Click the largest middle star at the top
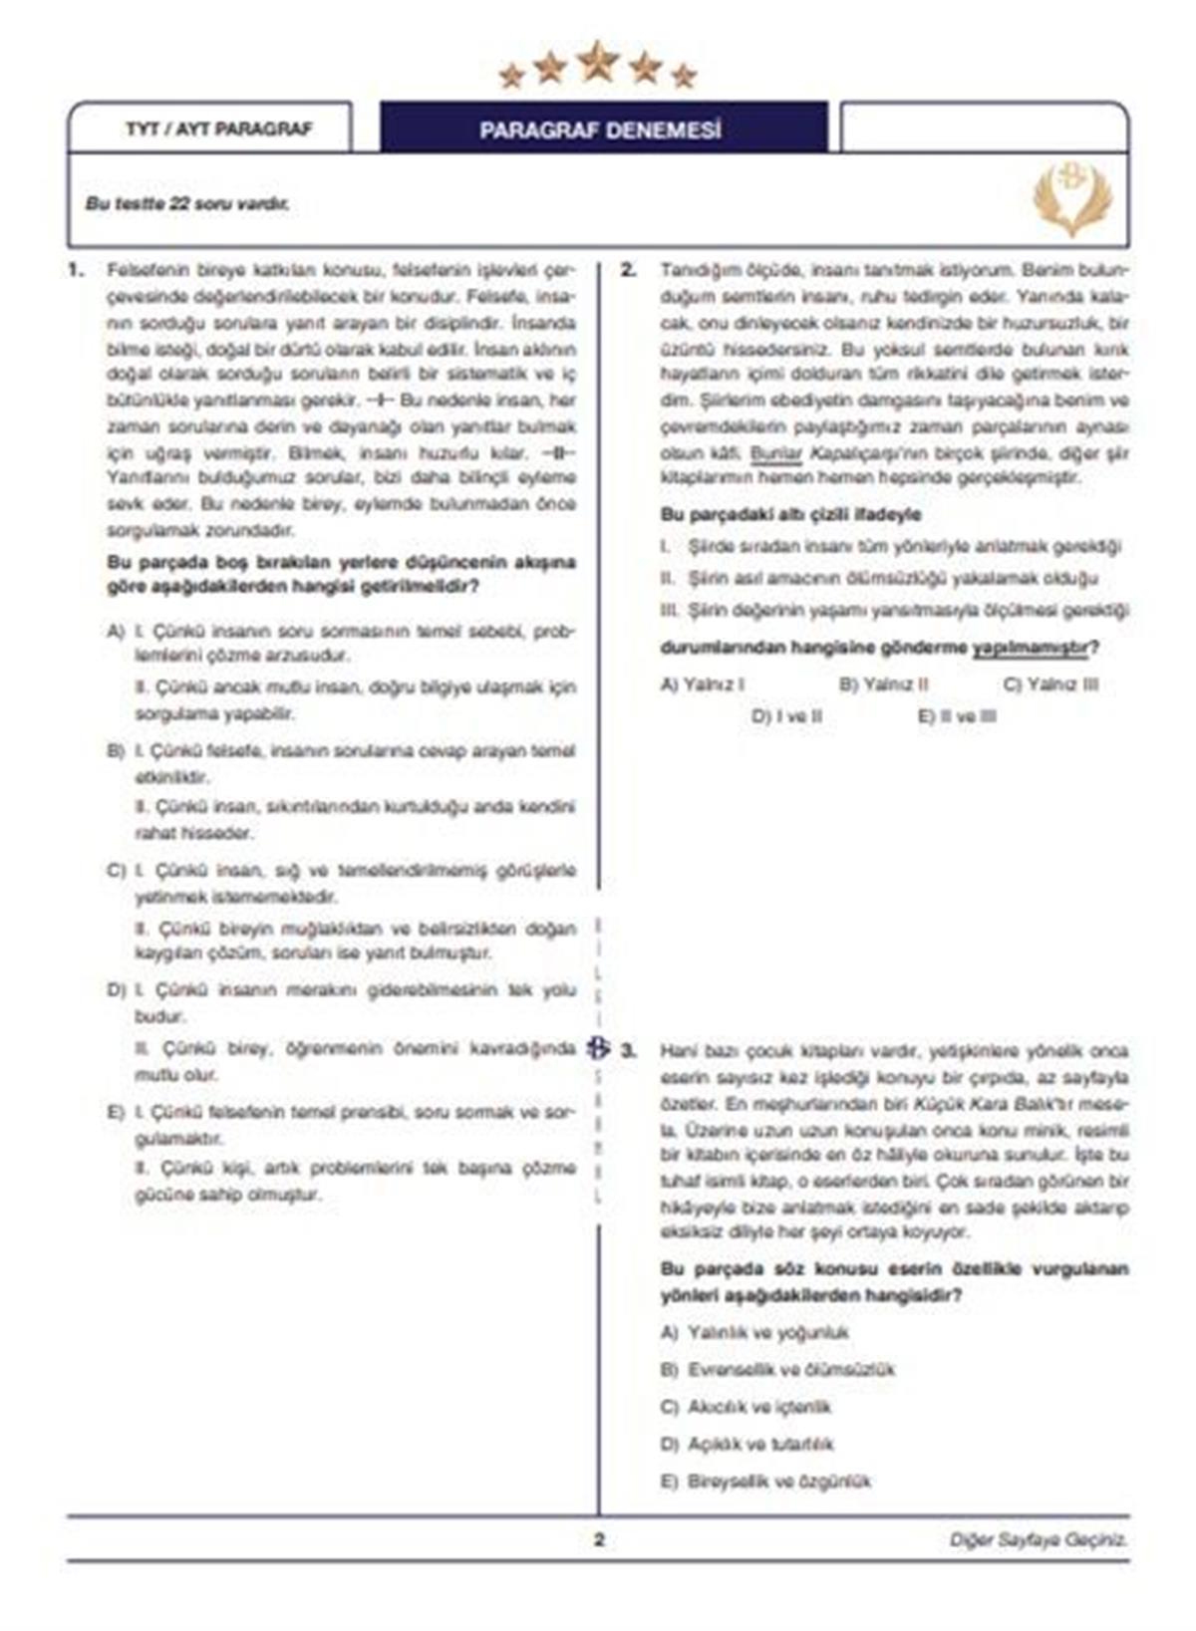[x=598, y=62]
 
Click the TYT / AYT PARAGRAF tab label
[x=219, y=130]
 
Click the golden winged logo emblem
[x=1072, y=196]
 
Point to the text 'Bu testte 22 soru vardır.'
[x=187, y=204]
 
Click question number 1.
[x=74, y=270]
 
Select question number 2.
[x=628, y=270]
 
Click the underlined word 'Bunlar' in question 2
[x=775, y=453]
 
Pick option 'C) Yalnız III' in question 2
[x=1050, y=684]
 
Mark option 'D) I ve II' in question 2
[x=786, y=716]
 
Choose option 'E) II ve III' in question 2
[x=956, y=716]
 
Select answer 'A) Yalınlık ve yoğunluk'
[x=754, y=1332]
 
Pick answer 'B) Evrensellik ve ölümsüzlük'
[x=777, y=1370]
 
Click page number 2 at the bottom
[x=599, y=1539]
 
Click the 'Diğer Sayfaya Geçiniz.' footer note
[x=1038, y=1540]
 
